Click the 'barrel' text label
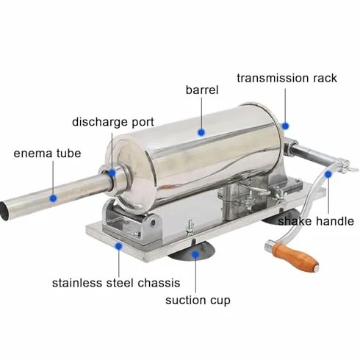point(202,90)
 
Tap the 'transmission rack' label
point(287,78)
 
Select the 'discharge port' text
point(113,122)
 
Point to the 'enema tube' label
point(47,154)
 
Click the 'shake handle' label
point(316,221)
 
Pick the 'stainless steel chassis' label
point(116,283)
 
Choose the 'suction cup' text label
point(198,300)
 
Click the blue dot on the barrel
point(201,132)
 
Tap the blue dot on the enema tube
point(53,198)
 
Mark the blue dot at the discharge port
point(112,173)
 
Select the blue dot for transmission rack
point(285,126)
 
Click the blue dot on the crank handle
point(328,174)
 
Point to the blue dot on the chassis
point(119,246)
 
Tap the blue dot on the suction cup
point(195,254)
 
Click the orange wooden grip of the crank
point(295,256)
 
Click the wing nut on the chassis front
point(190,225)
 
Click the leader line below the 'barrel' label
point(201,113)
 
